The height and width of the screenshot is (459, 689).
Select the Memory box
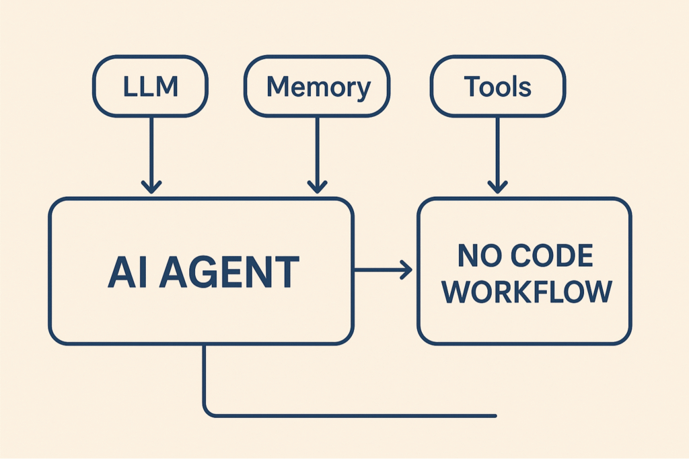(x=318, y=87)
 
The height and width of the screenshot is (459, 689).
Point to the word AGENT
(x=229, y=272)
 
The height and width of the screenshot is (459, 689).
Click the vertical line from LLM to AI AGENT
(x=151, y=148)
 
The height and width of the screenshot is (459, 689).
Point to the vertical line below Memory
(x=317, y=148)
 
